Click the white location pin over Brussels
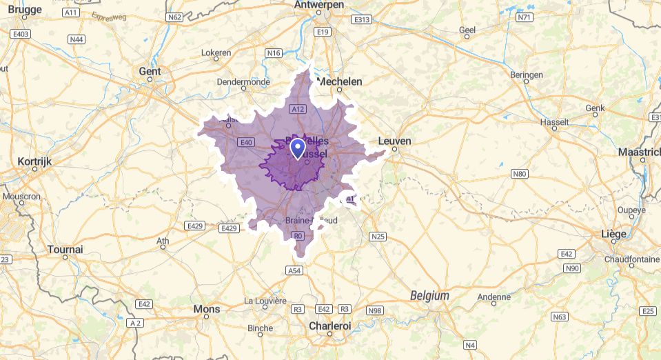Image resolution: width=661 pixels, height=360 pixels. coord(298,148)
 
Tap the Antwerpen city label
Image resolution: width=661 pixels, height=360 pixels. coord(318,5)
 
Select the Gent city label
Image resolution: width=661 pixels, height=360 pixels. coord(150,71)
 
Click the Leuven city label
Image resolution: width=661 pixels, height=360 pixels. coord(395,141)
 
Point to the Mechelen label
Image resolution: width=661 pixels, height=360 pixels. coord(338,81)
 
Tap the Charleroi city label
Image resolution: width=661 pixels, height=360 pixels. coord(329,325)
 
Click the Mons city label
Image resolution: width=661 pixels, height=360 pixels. coord(207,309)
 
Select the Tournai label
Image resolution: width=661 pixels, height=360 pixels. coord(65,249)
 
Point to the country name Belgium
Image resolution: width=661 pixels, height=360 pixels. coord(429,295)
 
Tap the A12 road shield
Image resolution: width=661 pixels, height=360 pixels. coord(298,109)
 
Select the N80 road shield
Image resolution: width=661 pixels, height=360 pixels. coord(519,174)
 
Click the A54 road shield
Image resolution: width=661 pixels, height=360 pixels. coord(294,271)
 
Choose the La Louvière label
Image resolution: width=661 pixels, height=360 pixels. coord(265,301)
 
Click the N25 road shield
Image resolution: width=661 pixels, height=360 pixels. coord(378,237)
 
